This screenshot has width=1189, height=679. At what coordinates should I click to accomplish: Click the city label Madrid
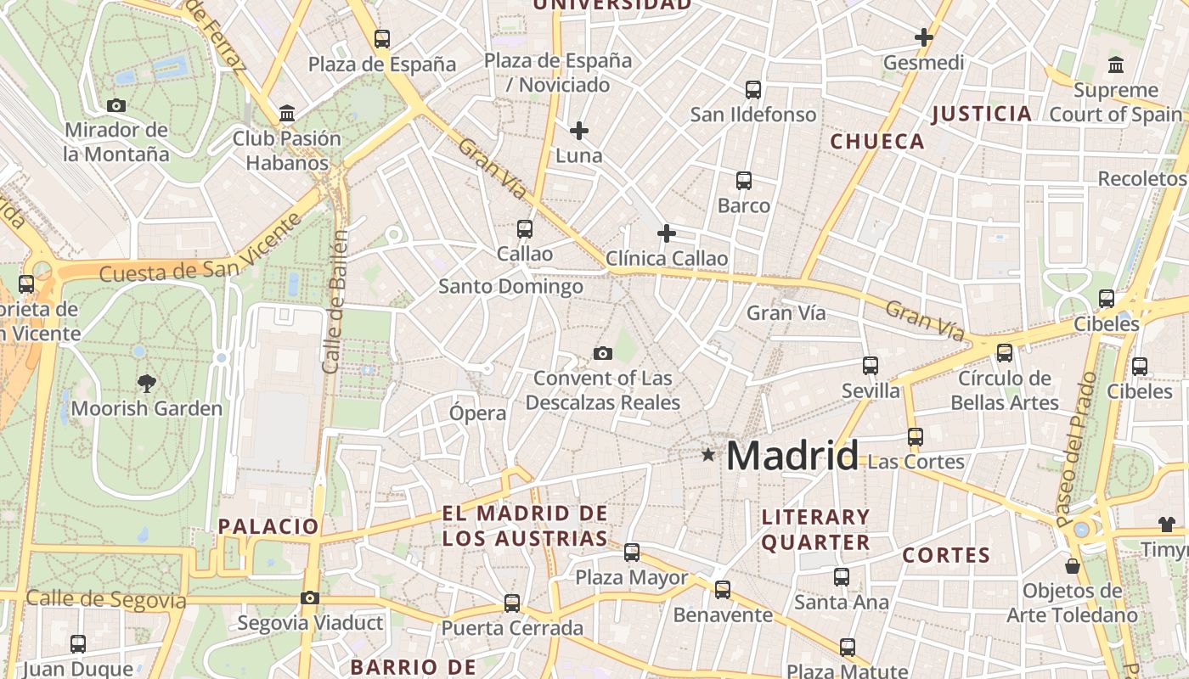(x=792, y=456)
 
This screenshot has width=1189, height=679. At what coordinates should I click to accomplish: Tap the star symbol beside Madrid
(x=708, y=455)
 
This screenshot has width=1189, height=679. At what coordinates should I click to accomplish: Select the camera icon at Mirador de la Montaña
(x=116, y=106)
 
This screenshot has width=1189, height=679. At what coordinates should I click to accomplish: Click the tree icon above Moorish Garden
(x=146, y=384)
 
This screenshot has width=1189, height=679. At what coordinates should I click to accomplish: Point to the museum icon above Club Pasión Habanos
(x=287, y=114)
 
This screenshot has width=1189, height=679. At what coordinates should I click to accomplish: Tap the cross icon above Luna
(x=579, y=131)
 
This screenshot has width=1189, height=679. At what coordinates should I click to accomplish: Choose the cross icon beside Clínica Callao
(x=667, y=233)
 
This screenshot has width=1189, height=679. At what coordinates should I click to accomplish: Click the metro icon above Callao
(x=525, y=229)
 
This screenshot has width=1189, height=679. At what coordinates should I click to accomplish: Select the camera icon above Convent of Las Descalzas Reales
(x=603, y=353)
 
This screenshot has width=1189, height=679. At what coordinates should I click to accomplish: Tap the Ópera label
(x=478, y=413)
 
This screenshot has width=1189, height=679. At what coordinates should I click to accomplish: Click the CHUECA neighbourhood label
(x=877, y=142)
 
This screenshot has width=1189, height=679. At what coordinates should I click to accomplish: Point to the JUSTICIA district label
(x=982, y=114)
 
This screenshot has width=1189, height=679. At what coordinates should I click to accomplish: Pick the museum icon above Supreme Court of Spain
(x=1116, y=65)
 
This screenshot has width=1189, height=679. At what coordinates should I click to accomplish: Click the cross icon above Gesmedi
(x=924, y=38)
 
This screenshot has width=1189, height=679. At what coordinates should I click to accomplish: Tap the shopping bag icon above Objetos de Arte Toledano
(x=1073, y=566)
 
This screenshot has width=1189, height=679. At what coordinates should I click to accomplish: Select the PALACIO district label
(x=268, y=526)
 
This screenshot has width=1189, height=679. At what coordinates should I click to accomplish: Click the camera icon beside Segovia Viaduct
(x=310, y=598)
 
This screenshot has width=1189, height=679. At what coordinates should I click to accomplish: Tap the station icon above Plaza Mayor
(x=632, y=553)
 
